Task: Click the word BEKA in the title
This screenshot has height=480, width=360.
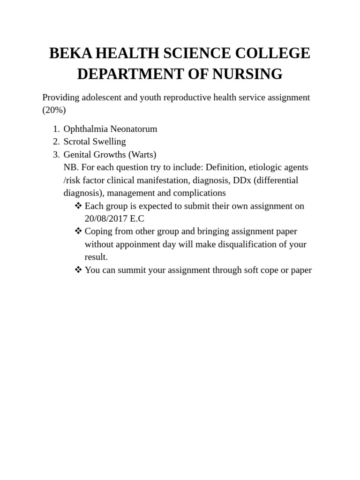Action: click(x=70, y=53)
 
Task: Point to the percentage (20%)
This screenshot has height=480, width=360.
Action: click(x=54, y=110)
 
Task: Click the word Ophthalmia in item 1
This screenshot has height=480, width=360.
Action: click(x=85, y=129)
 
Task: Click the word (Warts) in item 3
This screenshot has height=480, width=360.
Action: click(x=142, y=154)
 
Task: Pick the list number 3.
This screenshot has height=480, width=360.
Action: click(x=55, y=154)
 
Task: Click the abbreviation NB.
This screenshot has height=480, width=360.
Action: click(x=71, y=167)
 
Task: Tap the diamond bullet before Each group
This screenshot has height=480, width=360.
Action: click(x=78, y=206)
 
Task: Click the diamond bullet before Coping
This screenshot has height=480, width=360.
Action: click(x=78, y=231)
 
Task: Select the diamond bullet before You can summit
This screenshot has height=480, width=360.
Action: click(x=78, y=270)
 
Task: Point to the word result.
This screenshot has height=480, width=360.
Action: click(x=96, y=257)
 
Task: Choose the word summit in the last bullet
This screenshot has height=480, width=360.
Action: click(x=132, y=270)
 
